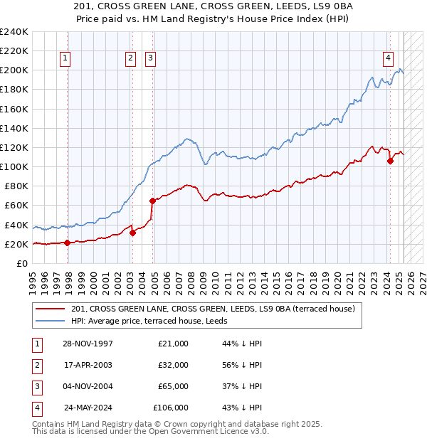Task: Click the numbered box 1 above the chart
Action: pos(65,59)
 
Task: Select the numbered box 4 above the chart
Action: pos(389,59)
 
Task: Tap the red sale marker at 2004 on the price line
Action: pos(152,201)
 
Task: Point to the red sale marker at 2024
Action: pos(390,161)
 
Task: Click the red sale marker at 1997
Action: pos(67,243)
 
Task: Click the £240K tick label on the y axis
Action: pos(14,32)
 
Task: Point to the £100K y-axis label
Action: pos(14,166)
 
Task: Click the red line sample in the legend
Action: pos(50,309)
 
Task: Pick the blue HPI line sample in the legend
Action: pos(50,321)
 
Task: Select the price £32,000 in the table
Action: pos(173,365)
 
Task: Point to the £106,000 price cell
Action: pos(171,408)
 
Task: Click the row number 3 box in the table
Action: pos(36,386)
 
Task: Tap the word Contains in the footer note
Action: pos(49,424)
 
